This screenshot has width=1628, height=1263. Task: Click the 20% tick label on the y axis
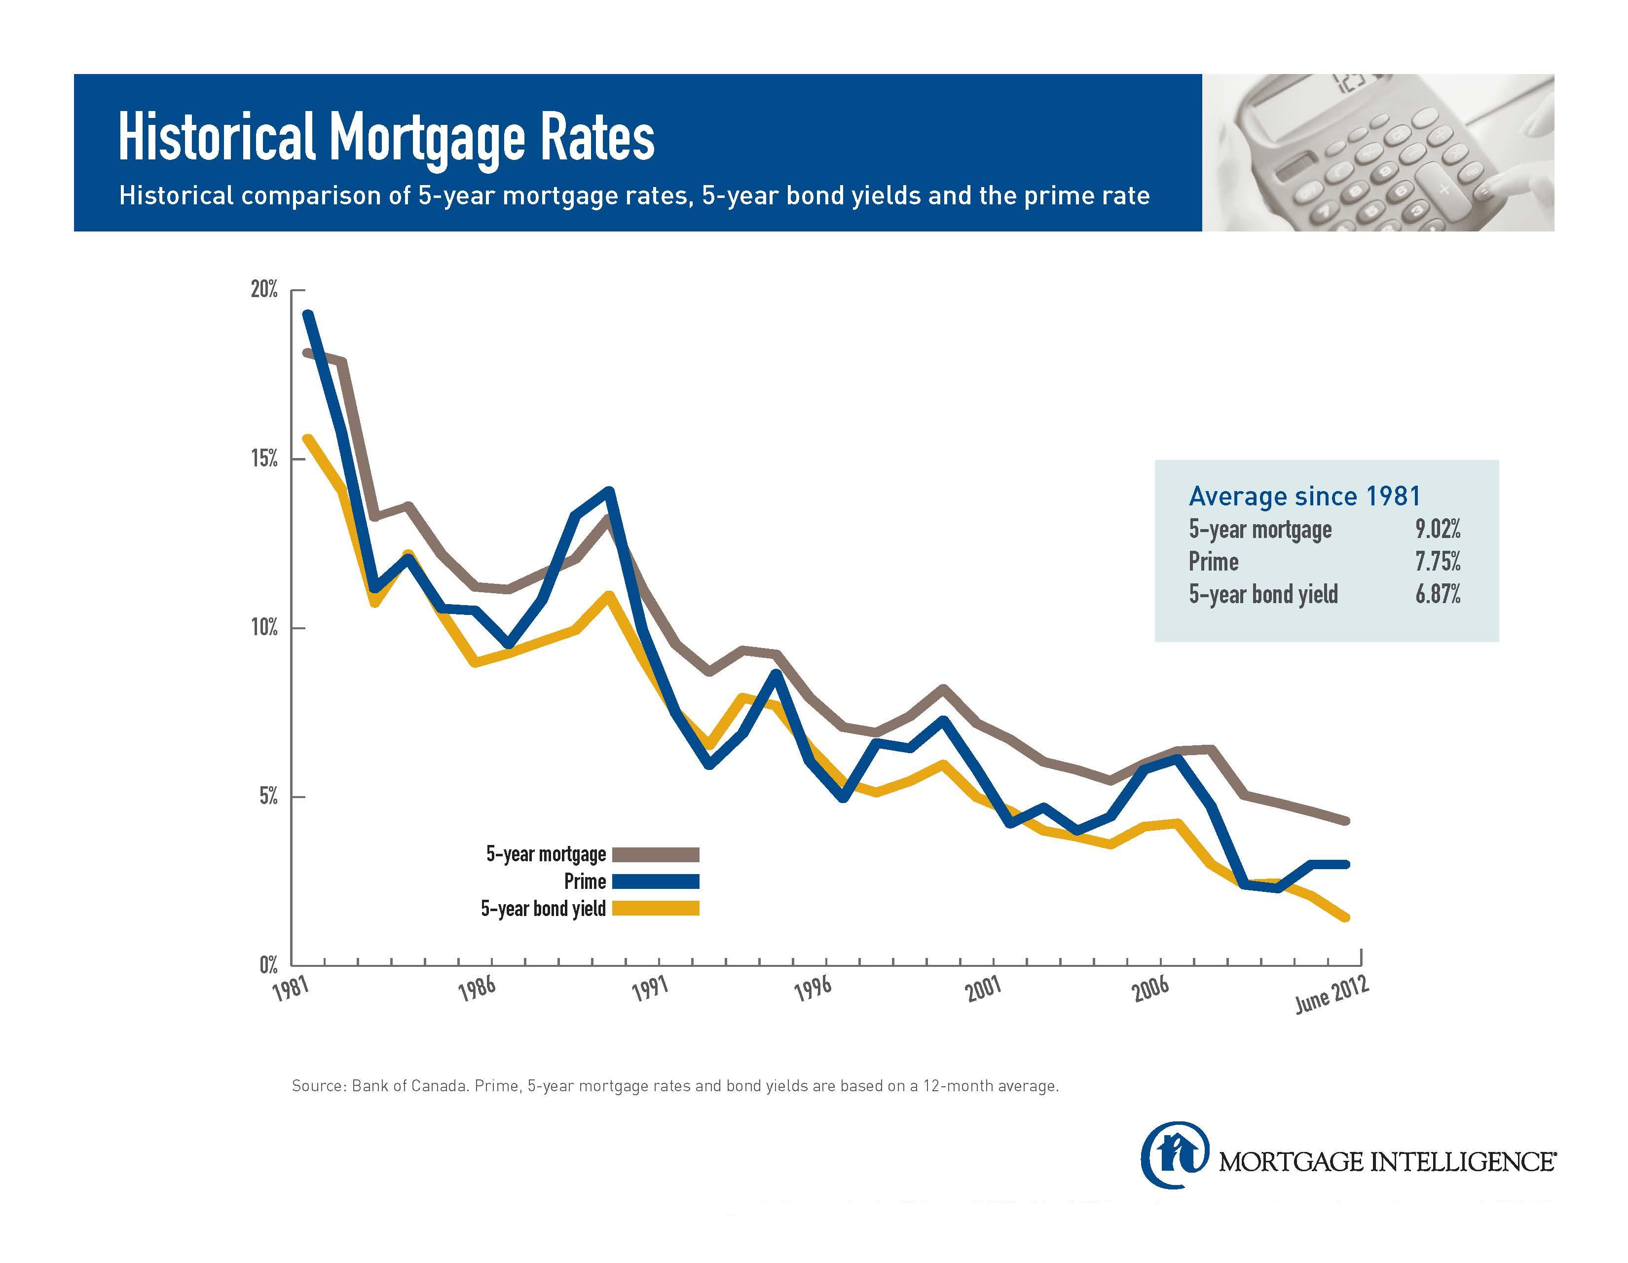264,289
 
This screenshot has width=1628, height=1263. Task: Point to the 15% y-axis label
264,459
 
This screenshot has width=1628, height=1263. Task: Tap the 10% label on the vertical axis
264,628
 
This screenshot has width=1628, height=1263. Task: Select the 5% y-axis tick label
268,797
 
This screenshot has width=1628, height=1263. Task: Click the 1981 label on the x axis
290,991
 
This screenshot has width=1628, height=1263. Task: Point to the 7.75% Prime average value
1438,562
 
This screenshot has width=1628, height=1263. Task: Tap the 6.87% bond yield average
1438,594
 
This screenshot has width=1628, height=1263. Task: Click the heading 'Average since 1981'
1304,496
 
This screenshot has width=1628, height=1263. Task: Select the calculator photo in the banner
1377,153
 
